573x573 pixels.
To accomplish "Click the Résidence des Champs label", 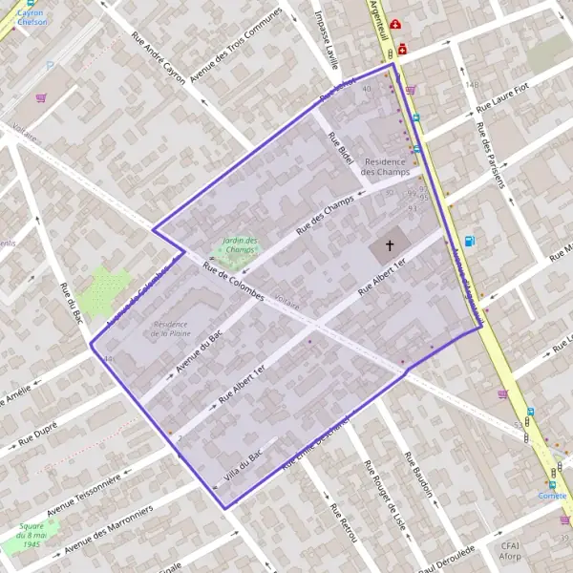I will [387, 166].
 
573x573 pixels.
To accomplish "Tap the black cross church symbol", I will [390, 246].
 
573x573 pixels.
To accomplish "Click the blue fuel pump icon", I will [469, 242].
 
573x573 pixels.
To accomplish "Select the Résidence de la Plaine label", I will [170, 329].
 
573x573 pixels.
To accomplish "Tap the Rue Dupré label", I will [38, 435].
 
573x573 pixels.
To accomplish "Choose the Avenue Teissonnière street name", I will [84, 492].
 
